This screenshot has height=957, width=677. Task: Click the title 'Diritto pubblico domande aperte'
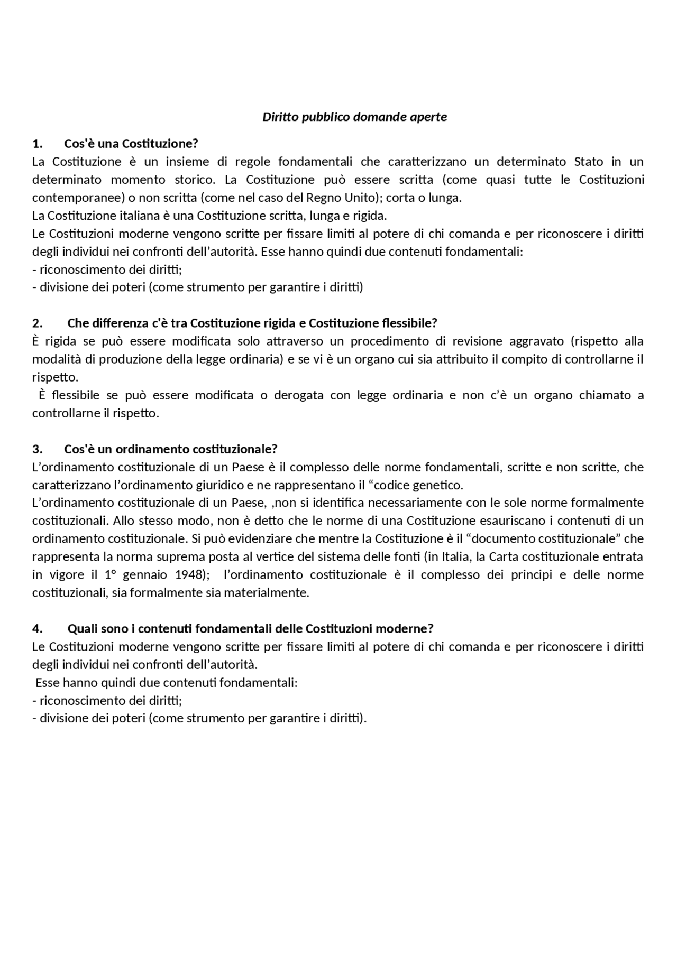pyautogui.click(x=354, y=117)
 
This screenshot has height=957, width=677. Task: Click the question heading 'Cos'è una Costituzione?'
pyautogui.click(x=131, y=144)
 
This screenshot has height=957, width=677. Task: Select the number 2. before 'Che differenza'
pyautogui.click(x=37, y=323)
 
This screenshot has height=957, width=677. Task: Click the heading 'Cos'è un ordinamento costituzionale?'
pyautogui.click(x=170, y=449)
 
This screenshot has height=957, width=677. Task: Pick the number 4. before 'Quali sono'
pyautogui.click(x=37, y=628)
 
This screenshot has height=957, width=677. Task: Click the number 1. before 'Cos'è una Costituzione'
pyautogui.click(x=37, y=144)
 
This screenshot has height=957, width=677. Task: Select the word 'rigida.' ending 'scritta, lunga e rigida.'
pyautogui.click(x=370, y=216)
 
